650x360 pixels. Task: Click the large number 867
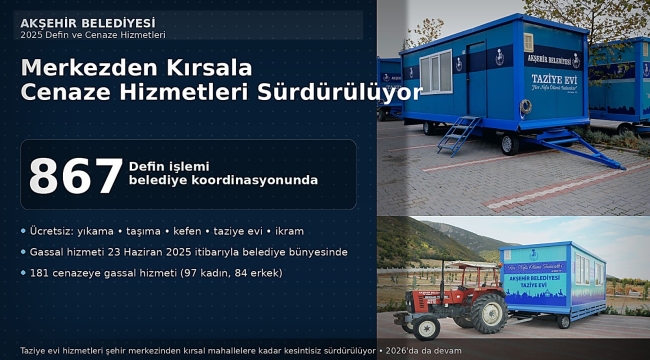coord(75,175)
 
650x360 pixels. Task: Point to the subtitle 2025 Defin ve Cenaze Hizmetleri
coord(92,35)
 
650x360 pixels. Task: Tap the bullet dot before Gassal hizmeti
coord(24,252)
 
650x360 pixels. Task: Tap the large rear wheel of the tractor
coord(487,313)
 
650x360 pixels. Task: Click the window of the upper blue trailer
coord(435,72)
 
